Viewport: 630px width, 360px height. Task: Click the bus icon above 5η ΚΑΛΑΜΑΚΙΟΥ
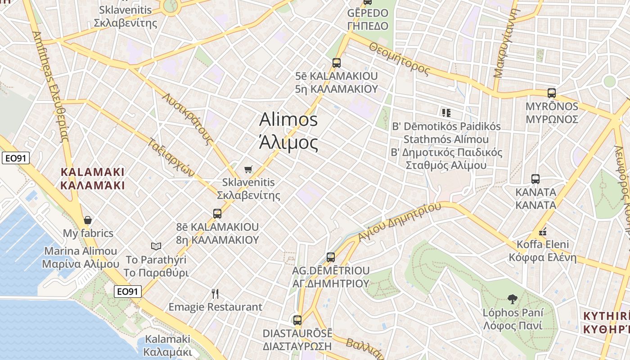tap(336, 63)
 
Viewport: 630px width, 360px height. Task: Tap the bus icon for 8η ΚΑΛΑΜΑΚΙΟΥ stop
tap(217, 213)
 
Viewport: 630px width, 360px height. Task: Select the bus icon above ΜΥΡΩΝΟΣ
tap(552, 93)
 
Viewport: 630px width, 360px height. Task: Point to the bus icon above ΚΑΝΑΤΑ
tap(535, 179)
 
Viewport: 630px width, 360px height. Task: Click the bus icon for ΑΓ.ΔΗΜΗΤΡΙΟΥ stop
tap(331, 257)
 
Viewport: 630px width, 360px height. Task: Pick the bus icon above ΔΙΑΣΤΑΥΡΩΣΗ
tap(297, 320)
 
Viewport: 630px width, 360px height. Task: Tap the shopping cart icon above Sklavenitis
tap(248, 169)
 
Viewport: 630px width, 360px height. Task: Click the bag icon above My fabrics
tap(88, 220)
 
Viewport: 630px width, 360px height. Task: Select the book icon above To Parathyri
tap(156, 246)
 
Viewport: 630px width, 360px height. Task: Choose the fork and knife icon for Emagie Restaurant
tap(215, 294)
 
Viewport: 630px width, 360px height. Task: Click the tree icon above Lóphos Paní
tap(512, 299)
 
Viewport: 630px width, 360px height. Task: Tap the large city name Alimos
tap(288, 120)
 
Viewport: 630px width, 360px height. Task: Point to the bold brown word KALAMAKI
tap(92, 172)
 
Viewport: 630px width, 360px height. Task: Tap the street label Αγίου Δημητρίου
tap(400, 222)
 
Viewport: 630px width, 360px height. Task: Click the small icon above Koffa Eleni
tap(543, 232)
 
